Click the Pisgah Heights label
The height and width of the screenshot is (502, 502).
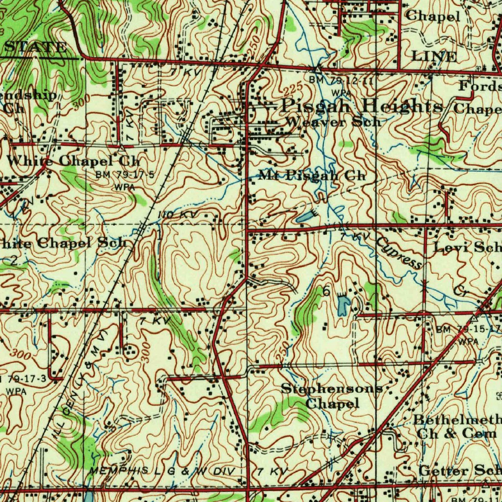pos(362,105)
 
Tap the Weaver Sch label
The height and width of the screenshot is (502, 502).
pos(332,122)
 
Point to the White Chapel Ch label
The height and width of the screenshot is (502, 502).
pos(74,160)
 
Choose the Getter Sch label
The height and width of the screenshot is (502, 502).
pos(460,471)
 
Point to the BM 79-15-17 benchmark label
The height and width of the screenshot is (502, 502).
pos(468,328)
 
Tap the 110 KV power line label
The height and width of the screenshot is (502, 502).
pos(176,215)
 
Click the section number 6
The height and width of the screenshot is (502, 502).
pos(326,291)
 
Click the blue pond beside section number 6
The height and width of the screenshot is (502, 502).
pos(344,304)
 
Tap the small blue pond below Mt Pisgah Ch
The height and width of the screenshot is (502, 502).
pos(303,216)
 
